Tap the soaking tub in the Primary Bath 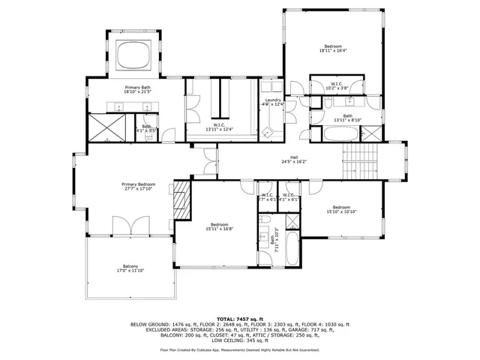click(x=136, y=55)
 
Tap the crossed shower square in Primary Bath click(x=105, y=127)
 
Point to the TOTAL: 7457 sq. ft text click(x=240, y=319)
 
